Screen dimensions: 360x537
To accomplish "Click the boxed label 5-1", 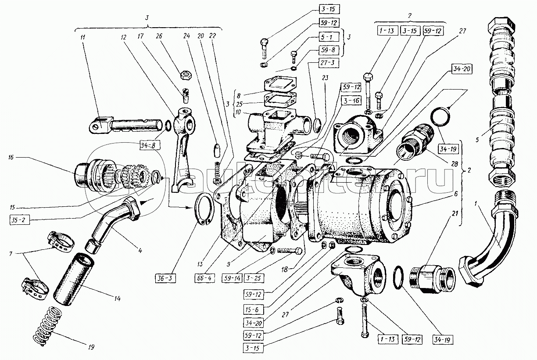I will (x=326, y=38).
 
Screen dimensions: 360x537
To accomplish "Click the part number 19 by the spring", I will (x=91, y=347).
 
